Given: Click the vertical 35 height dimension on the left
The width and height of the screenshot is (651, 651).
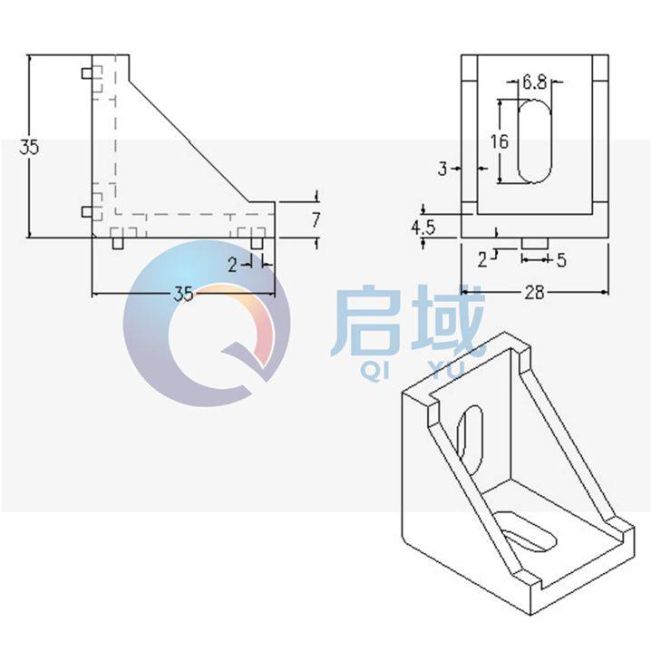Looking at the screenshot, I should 29,148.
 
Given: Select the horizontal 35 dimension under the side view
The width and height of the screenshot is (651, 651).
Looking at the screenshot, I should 183,294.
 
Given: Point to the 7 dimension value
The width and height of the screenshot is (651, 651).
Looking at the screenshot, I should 316,219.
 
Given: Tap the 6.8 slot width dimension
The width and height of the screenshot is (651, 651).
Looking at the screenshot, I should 534,83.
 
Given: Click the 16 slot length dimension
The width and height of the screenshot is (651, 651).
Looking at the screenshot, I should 498,141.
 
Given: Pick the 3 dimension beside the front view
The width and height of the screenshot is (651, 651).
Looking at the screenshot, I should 442,168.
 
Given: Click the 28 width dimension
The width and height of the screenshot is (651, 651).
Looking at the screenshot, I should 534,291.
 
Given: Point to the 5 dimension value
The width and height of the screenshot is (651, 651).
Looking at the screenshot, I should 561,260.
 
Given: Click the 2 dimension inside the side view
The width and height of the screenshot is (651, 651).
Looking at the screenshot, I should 232,265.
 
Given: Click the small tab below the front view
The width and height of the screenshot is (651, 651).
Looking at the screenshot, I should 535,244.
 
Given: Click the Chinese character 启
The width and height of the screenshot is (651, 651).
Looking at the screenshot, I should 366,323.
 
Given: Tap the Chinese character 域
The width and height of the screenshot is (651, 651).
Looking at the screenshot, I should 444,321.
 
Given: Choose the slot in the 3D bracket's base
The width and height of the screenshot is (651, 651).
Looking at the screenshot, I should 525,531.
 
